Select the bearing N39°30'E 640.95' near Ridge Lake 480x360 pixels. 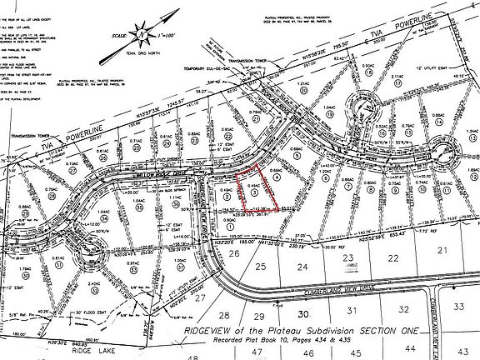pyautogui.click(x=47, y=340)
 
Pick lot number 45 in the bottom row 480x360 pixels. pyautogui.click(x=358, y=353)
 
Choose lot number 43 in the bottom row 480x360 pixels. pyautogui.click(x=457, y=352)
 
